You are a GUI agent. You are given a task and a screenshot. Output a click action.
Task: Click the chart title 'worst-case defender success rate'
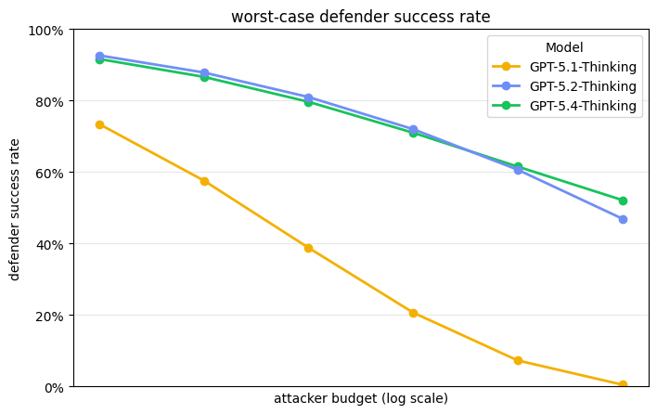coord(360,17)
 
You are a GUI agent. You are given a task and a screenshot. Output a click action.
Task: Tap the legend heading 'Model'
coord(564,47)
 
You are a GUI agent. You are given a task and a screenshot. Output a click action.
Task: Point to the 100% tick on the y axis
coord(46,31)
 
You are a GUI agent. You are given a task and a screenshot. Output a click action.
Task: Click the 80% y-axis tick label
coord(49,101)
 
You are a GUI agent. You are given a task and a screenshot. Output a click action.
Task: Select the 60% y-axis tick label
coord(49,173)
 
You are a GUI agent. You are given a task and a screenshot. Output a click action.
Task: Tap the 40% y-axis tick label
coord(49,244)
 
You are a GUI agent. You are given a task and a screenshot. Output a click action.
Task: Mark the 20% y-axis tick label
coord(49,316)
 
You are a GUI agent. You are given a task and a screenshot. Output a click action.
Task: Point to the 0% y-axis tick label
coord(53,387)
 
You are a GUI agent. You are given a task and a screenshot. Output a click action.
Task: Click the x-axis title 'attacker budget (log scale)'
coord(360,399)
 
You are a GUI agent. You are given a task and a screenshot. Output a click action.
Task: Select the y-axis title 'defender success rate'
coord(15,209)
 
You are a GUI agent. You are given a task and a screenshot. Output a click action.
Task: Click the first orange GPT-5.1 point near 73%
coord(99,124)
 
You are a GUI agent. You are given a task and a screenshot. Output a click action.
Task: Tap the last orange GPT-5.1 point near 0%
coord(623,385)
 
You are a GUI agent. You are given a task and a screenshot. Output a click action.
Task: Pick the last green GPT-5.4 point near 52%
coord(623,201)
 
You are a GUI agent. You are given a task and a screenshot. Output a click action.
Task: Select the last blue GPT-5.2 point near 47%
coord(623,219)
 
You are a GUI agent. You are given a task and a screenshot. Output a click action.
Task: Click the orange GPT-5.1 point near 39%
coord(308,248)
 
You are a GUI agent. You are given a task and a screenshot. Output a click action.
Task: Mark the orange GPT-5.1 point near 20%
coord(413,313)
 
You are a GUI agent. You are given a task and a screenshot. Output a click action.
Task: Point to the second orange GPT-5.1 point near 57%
coord(204,181)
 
